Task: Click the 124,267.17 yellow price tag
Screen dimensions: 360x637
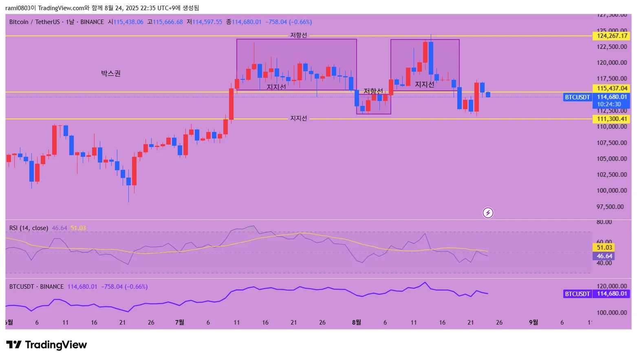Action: click(x=611, y=36)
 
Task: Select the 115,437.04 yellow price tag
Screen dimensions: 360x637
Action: click(x=611, y=88)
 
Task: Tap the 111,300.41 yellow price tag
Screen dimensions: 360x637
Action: click(x=611, y=119)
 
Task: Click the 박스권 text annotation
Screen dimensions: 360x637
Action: click(x=111, y=73)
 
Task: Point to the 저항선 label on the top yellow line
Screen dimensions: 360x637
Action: click(x=298, y=35)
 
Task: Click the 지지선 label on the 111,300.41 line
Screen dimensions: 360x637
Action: click(x=298, y=119)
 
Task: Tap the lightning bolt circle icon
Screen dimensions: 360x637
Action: click(x=488, y=213)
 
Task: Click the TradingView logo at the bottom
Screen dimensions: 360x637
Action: click(x=46, y=345)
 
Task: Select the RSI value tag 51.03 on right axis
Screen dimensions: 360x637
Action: click(x=604, y=248)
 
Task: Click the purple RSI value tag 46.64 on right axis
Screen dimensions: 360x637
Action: click(x=604, y=256)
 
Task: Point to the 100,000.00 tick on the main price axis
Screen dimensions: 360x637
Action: click(x=611, y=191)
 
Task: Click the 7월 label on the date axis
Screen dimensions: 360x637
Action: click(x=179, y=323)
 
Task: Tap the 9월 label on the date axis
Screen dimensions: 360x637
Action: click(x=533, y=323)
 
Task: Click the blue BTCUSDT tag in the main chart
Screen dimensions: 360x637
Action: click(x=577, y=97)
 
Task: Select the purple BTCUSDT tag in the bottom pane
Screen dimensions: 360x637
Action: click(x=577, y=294)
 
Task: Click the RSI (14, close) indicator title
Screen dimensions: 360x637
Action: click(x=29, y=228)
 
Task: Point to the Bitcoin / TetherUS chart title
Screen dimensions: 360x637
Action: click(x=35, y=22)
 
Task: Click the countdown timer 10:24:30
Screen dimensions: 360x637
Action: click(x=609, y=104)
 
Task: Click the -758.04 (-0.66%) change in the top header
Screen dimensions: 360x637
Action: click(x=289, y=22)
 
